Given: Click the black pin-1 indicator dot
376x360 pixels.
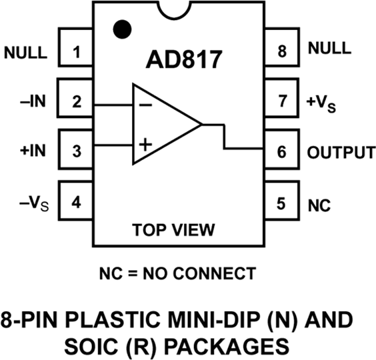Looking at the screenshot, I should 121,28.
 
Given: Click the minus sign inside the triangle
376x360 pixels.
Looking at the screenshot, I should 145,104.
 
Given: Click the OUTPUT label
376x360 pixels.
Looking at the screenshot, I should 340,152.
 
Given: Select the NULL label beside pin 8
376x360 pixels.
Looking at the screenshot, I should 327,49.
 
